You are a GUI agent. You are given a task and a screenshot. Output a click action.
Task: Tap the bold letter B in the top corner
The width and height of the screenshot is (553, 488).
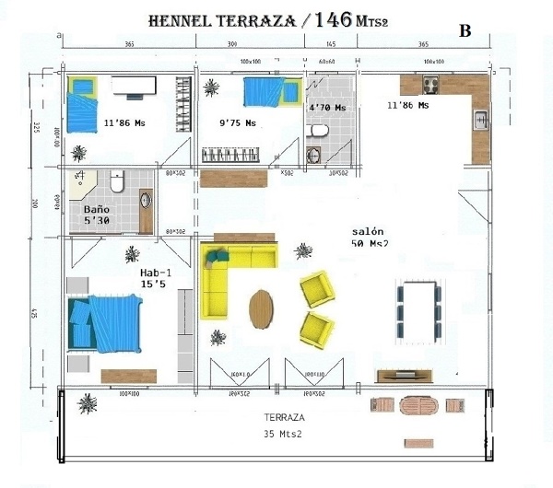point(465,30)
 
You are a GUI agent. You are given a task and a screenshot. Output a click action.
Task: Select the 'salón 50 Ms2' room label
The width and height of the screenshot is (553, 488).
point(369,237)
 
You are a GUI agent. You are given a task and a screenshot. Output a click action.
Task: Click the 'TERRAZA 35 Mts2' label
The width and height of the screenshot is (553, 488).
point(282,424)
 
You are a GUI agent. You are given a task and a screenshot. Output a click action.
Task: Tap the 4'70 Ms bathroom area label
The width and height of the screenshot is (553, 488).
point(327,109)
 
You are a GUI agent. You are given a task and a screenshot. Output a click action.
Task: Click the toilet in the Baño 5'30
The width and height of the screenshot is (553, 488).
point(116,182)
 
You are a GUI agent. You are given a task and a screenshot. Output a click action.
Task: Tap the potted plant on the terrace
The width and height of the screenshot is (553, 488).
point(88,402)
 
